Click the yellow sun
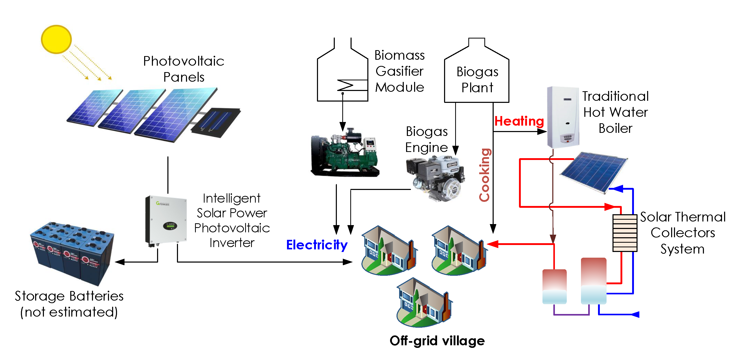(x=56, y=39)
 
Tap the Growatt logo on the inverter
(x=162, y=203)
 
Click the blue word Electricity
(x=317, y=245)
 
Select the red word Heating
(x=519, y=121)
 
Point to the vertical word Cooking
(x=485, y=175)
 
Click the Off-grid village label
(x=437, y=341)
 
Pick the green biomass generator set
(x=345, y=153)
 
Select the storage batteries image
(x=73, y=253)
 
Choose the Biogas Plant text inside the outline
(x=477, y=80)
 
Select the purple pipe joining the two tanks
(x=571, y=314)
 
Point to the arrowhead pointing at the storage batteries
(x=120, y=262)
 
